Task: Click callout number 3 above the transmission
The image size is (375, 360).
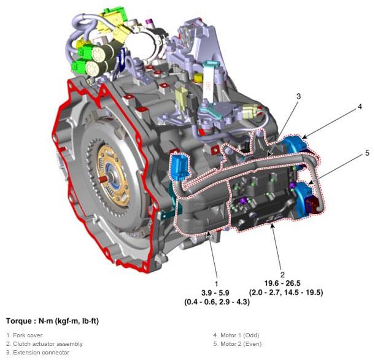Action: (298, 96)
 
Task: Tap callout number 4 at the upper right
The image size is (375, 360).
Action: (360, 107)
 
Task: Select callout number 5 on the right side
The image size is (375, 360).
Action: (367, 153)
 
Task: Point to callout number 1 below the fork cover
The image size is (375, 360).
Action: (217, 284)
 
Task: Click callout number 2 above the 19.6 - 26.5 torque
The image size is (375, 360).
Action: (282, 275)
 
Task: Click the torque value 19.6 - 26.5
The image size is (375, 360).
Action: (282, 283)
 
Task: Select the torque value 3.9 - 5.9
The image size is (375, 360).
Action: (215, 293)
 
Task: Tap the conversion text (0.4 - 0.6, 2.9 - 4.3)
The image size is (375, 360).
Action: (217, 302)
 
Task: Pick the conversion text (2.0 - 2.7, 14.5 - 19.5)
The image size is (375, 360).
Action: (286, 293)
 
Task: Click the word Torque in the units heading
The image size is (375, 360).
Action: (18, 321)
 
